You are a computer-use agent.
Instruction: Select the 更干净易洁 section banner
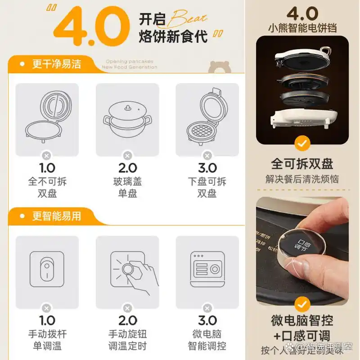point(56,64)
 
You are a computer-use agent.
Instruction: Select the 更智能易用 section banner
point(56,216)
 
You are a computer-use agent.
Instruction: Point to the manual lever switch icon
point(47,269)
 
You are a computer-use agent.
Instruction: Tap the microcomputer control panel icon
point(207,270)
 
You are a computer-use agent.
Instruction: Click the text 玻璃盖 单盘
point(127,188)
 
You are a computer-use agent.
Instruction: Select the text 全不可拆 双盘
point(47,188)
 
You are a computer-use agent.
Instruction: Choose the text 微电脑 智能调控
point(207,340)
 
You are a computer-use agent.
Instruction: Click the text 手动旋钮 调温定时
point(127,340)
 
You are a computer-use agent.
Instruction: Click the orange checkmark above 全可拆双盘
point(302,144)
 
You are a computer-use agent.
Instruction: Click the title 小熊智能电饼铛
point(302,28)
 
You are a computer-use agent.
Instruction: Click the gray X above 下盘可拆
point(207,156)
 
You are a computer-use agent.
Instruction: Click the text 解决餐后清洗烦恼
point(302,179)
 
